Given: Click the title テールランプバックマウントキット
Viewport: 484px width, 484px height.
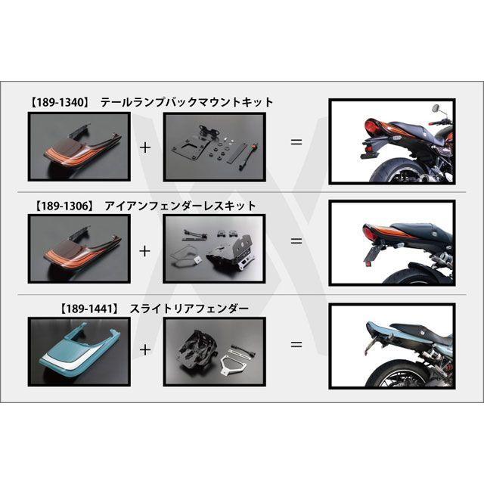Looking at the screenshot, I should pyautogui.click(x=186, y=102).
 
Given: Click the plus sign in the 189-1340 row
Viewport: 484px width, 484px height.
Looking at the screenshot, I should pyautogui.click(x=145, y=145).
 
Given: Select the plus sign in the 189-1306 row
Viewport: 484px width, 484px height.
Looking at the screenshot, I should pyautogui.click(x=145, y=248).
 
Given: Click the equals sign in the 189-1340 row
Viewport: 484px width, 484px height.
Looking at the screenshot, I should pyautogui.click(x=296, y=141).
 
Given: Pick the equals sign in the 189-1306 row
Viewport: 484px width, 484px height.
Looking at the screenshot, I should pyautogui.click(x=296, y=241).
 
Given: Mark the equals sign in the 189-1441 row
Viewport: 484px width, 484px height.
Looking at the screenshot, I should pyautogui.click(x=296, y=344).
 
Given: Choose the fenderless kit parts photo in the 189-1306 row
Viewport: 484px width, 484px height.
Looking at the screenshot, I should pyautogui.click(x=214, y=247).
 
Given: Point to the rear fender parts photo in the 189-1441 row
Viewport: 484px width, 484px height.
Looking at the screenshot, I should pyautogui.click(x=214, y=351).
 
